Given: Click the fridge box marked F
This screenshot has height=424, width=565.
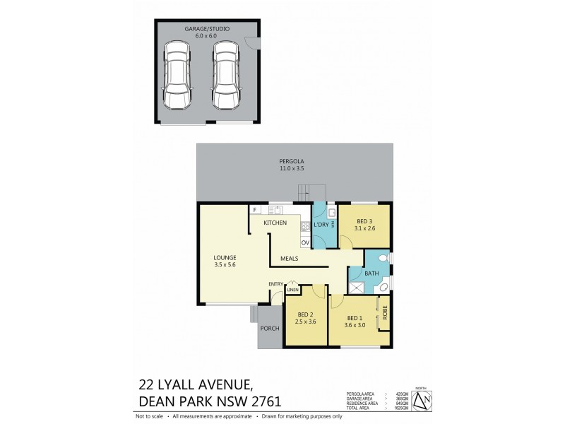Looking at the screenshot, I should pyautogui.click(x=254, y=210).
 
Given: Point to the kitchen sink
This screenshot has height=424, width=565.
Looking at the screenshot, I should pyautogui.click(x=276, y=210).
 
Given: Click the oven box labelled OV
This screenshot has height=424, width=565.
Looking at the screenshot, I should pyautogui.click(x=306, y=242).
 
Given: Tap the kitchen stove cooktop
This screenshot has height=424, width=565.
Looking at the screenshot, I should pyautogui.click(x=306, y=227).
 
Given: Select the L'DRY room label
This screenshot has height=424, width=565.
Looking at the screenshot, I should pyautogui.click(x=322, y=225).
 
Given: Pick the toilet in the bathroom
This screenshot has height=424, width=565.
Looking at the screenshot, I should pyautogui.click(x=384, y=258).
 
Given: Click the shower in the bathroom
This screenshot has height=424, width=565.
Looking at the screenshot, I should pyautogui.click(x=357, y=286).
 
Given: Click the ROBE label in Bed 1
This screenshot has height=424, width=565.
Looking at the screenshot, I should pyautogui.click(x=385, y=312).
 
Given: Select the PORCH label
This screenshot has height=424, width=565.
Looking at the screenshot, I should pyautogui.click(x=270, y=329).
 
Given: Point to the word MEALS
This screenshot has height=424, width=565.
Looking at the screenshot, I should pyautogui.click(x=288, y=259).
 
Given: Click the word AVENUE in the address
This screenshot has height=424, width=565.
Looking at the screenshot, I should pyautogui.click(x=218, y=385).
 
